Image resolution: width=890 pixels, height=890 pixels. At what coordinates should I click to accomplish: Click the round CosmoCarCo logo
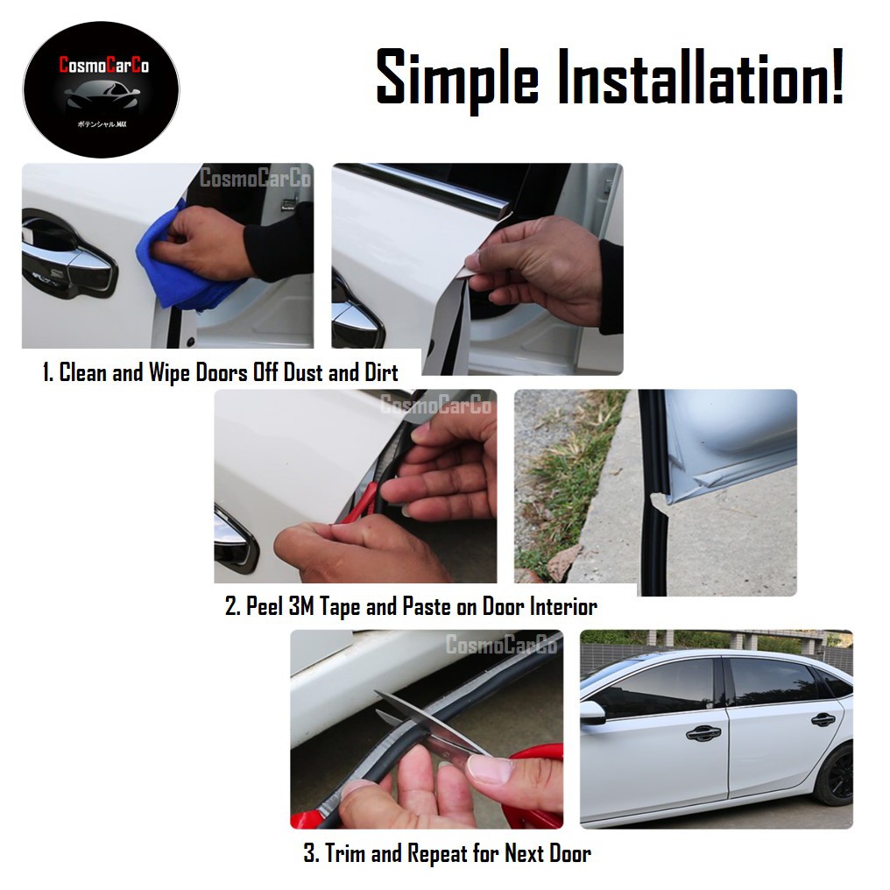(100, 89)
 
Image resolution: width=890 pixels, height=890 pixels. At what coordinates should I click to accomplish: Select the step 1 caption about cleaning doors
(220, 372)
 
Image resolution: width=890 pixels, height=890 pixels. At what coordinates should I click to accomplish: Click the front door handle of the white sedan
(703, 732)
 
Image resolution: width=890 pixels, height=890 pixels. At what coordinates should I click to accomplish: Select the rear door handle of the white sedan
(823, 720)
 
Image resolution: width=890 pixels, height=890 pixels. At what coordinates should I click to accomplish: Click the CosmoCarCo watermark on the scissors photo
(501, 646)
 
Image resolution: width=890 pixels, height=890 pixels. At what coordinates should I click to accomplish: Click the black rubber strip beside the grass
(653, 526)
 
